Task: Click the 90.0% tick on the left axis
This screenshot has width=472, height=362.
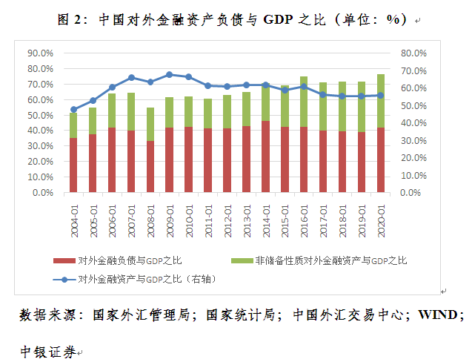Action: (40, 53)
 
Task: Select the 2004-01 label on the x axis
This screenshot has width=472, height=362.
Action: (74, 217)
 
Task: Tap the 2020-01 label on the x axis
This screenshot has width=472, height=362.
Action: (381, 217)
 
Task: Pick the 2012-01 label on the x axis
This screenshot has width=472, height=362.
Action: (227, 217)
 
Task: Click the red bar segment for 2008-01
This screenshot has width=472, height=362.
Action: (150, 167)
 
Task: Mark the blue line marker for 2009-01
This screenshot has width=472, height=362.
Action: (170, 74)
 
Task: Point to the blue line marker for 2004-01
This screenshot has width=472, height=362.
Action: (73, 109)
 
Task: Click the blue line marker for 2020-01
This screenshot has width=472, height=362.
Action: (381, 95)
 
